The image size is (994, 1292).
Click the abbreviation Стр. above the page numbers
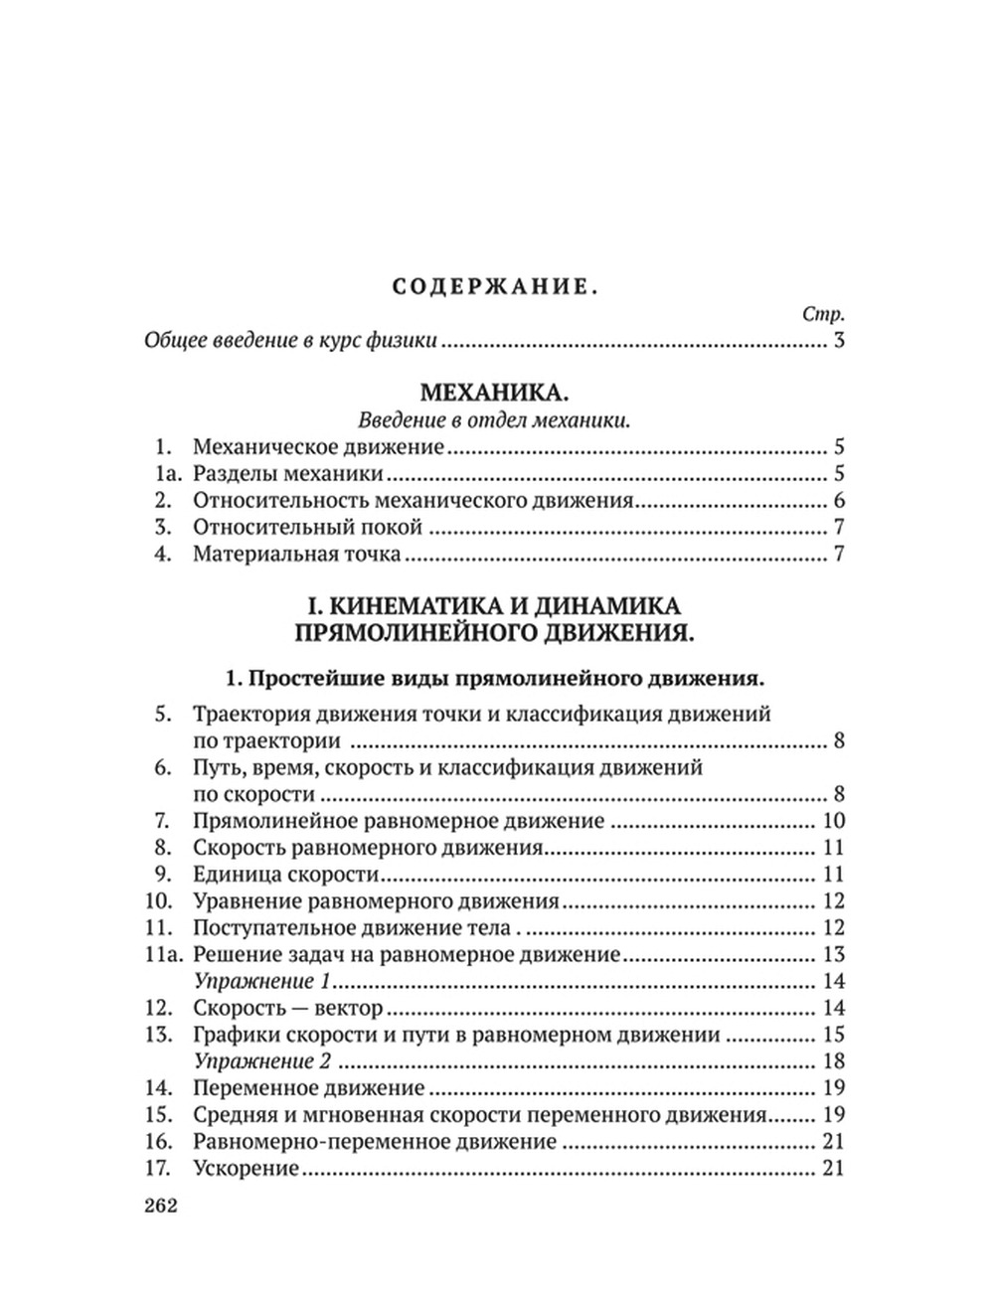822,314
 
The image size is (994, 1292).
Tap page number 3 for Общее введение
838,342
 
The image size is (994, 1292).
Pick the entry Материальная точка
297,555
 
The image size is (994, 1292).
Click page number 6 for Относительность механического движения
838,501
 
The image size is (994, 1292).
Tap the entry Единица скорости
286,875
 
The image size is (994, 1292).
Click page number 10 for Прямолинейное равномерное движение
833,821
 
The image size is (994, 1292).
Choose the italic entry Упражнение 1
260,982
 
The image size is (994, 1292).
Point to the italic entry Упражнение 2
262,1061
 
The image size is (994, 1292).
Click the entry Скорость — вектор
288,1009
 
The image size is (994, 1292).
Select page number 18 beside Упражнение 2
833,1061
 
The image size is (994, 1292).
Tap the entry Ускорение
246,1169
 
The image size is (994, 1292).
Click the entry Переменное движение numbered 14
309,1088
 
